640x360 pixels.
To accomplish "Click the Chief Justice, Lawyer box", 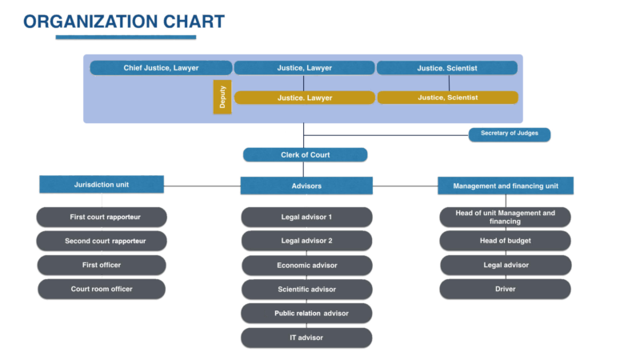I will (161, 68).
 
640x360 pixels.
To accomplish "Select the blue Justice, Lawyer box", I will (304, 68).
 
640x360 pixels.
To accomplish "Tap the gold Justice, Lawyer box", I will (304, 98).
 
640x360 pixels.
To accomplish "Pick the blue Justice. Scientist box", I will (447, 68).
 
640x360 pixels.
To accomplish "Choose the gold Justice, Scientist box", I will (447, 98).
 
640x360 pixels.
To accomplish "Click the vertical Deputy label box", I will (222, 98).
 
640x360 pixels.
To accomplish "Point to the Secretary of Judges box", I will (510, 134).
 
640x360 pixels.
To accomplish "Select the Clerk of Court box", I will (305, 154).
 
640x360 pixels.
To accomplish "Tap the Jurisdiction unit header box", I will (102, 185).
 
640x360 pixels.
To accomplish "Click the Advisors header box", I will (306, 186).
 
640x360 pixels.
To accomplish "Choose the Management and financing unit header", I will (505, 186).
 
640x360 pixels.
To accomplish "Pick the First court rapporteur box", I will (102, 217).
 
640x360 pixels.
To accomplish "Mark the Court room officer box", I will (102, 289).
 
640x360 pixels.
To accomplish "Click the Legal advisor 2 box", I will (306, 241).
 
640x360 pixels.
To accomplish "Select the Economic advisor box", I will (306, 265).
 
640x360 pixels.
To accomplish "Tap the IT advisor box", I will (306, 338).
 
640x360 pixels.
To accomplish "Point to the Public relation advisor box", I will (306, 313).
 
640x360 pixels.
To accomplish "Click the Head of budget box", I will (505, 241).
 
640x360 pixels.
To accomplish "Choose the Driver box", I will (505, 289).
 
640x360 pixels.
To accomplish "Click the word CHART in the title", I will (188, 22).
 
